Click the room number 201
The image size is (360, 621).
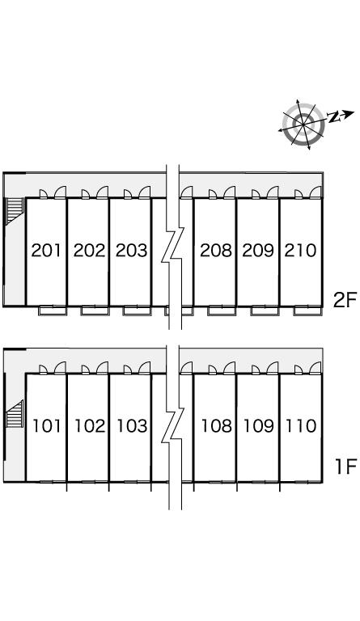[46, 251]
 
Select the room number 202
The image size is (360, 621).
[90, 251]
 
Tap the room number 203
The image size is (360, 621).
[132, 251]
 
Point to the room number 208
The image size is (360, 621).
[216, 251]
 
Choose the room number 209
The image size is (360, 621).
[258, 251]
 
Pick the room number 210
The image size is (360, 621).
[301, 251]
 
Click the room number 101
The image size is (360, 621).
[47, 426]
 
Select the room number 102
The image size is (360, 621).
[91, 426]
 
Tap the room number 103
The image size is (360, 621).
[133, 426]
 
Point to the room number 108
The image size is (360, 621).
[217, 426]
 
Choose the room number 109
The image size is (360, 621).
[259, 426]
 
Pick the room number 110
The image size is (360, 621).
[301, 426]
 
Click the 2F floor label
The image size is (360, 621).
[345, 301]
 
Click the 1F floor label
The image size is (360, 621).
[346, 466]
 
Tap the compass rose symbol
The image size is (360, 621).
[303, 125]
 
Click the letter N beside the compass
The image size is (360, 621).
[333, 116]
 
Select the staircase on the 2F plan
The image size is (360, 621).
[15, 211]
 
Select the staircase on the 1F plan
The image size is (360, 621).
[15, 414]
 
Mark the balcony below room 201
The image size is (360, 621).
[53, 310]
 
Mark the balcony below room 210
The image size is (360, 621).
[307, 310]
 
